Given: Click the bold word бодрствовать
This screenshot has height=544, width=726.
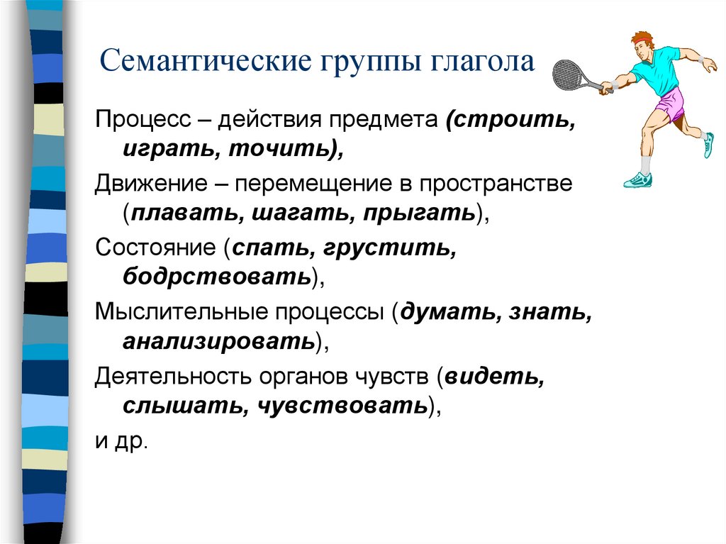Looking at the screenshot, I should (x=217, y=276).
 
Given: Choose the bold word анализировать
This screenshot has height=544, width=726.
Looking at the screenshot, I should (x=218, y=341).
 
